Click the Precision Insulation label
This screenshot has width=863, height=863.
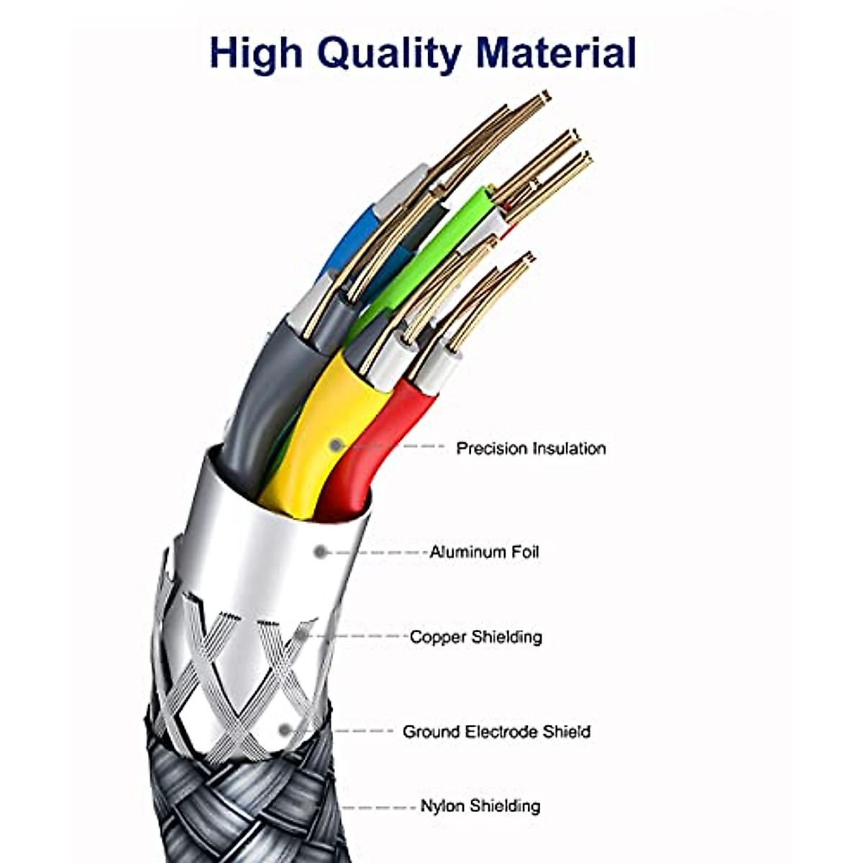click(531, 449)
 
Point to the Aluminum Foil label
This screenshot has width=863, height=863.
click(484, 552)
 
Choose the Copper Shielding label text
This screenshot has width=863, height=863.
click(475, 636)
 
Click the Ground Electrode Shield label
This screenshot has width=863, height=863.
click(496, 732)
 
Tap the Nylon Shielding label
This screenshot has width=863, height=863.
click(480, 805)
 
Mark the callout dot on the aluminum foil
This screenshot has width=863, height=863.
click(321, 552)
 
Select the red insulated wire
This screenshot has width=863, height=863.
click(374, 439)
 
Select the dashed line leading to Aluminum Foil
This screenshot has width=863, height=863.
click(378, 552)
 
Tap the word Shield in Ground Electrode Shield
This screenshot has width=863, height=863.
click(566, 732)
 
